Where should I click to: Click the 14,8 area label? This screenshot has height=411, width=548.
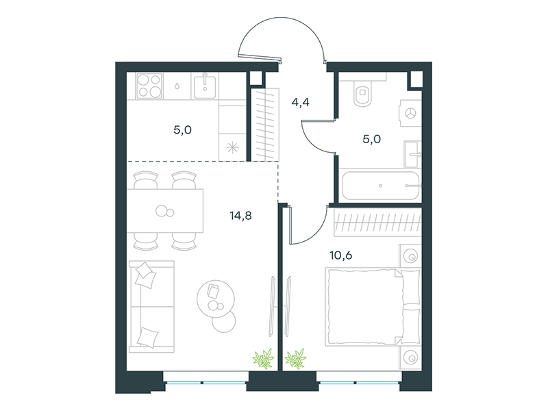(241, 216)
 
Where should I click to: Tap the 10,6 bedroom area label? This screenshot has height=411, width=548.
(340, 256)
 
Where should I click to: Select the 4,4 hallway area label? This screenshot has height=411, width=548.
(300, 102)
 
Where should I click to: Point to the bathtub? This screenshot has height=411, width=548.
(380, 186)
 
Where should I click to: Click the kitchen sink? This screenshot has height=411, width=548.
(205, 86)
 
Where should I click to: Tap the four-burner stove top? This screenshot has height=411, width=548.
(149, 86)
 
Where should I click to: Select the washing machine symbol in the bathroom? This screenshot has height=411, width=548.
(410, 113)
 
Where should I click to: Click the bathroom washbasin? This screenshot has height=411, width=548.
(412, 154)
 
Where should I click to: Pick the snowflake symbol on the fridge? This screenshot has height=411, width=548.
(232, 148)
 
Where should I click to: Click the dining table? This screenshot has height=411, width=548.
(165, 211)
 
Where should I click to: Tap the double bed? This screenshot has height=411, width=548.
(373, 307)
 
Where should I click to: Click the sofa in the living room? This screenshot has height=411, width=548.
(151, 306)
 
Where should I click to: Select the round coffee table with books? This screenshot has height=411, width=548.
(216, 299)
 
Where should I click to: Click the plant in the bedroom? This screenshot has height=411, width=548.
(295, 359)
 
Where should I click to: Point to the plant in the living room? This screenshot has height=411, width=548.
(263, 359)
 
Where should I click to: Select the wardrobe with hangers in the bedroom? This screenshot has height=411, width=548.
(377, 222)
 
